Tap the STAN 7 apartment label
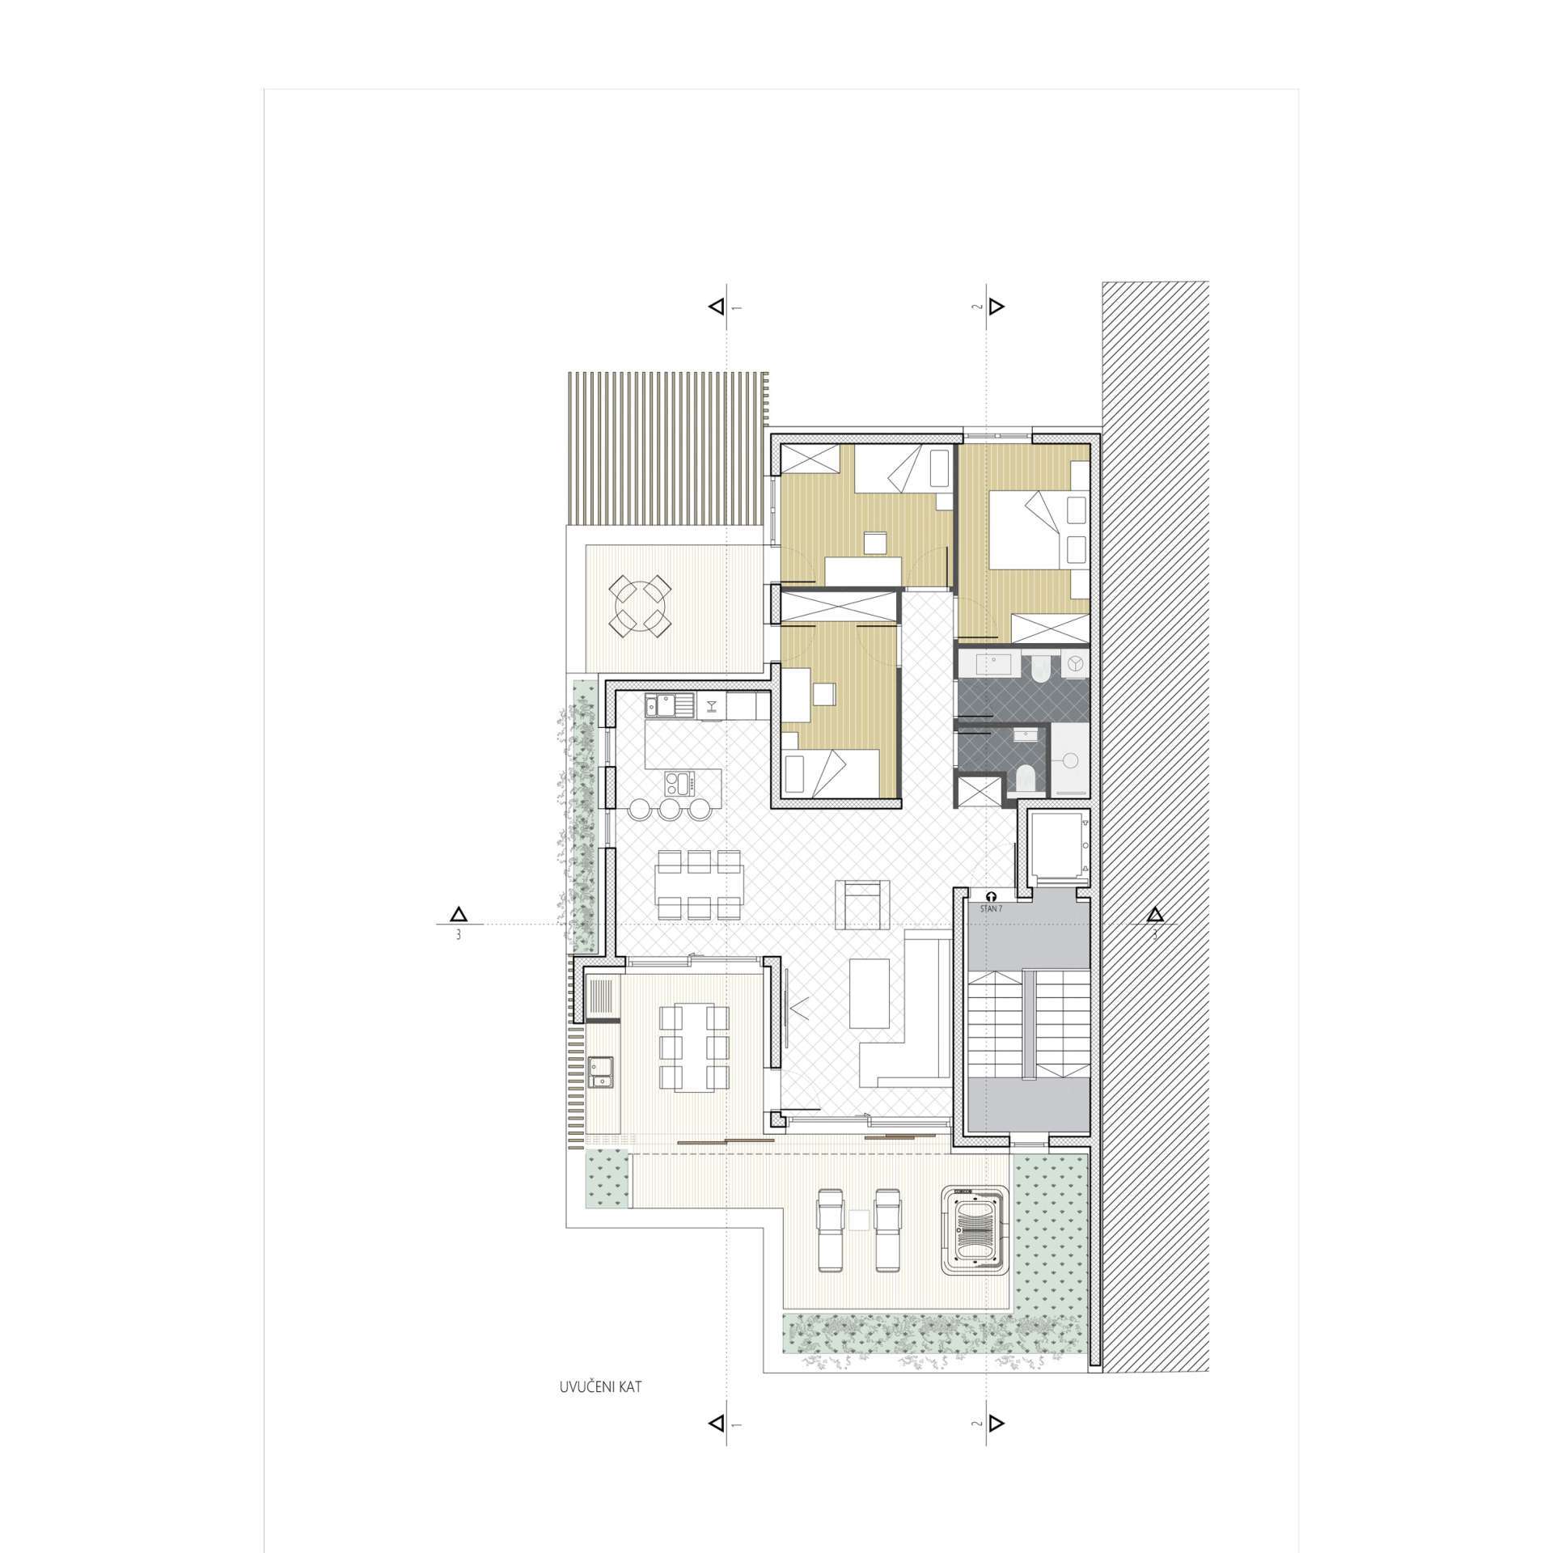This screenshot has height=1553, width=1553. (990, 909)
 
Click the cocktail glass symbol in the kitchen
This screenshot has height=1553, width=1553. (711, 706)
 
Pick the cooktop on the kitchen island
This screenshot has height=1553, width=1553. (678, 784)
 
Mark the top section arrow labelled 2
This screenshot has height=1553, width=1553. (997, 307)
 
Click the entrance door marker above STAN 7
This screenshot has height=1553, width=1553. (991, 896)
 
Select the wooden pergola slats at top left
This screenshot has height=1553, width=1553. (668, 448)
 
